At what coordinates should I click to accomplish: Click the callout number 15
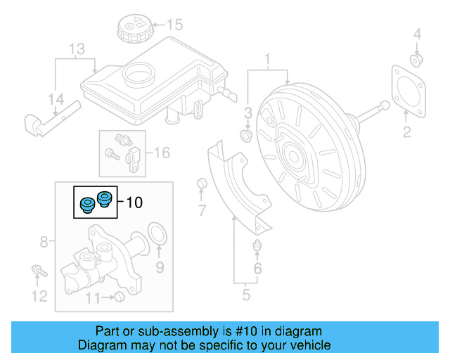[x=174, y=25]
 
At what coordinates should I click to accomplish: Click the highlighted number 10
[x=134, y=202]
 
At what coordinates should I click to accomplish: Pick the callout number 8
[x=44, y=243]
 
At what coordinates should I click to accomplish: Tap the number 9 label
[x=160, y=267]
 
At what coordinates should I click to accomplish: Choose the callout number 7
[x=202, y=210]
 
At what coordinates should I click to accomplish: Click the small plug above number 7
[x=202, y=184]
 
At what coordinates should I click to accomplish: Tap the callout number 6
[x=257, y=268]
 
